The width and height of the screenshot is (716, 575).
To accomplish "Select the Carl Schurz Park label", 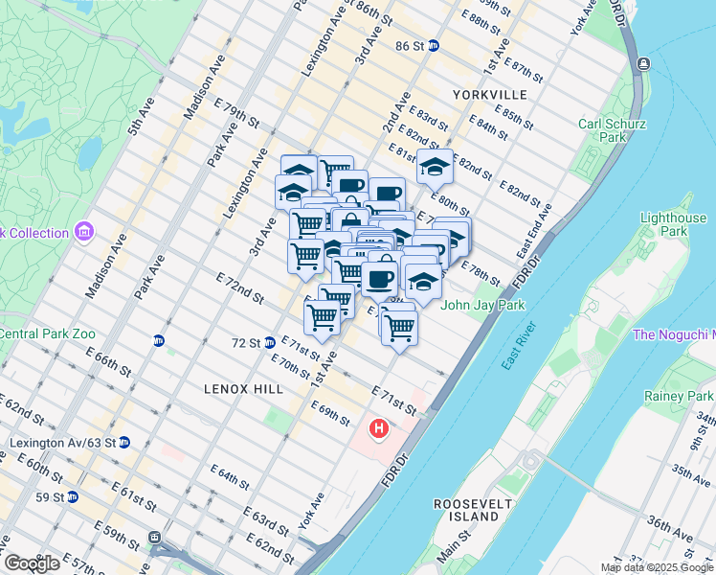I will coord(613,131).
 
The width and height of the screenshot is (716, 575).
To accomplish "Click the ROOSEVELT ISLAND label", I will coord(467,510).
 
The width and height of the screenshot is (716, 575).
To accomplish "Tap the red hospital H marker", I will coord(379,428).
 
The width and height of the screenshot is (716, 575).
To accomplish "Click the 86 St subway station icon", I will coord(434,45).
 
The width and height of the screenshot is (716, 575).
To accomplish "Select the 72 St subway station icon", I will coord(271,342).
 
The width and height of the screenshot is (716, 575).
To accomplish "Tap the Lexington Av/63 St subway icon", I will coord(123,443).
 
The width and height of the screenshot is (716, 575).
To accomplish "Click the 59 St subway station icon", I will coord(73,497).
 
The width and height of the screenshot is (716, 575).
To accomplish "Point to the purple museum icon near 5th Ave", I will coord(83,232).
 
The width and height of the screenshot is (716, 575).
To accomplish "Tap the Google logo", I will coord(31,563).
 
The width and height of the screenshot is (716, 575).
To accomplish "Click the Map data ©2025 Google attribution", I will coord(657,567).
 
